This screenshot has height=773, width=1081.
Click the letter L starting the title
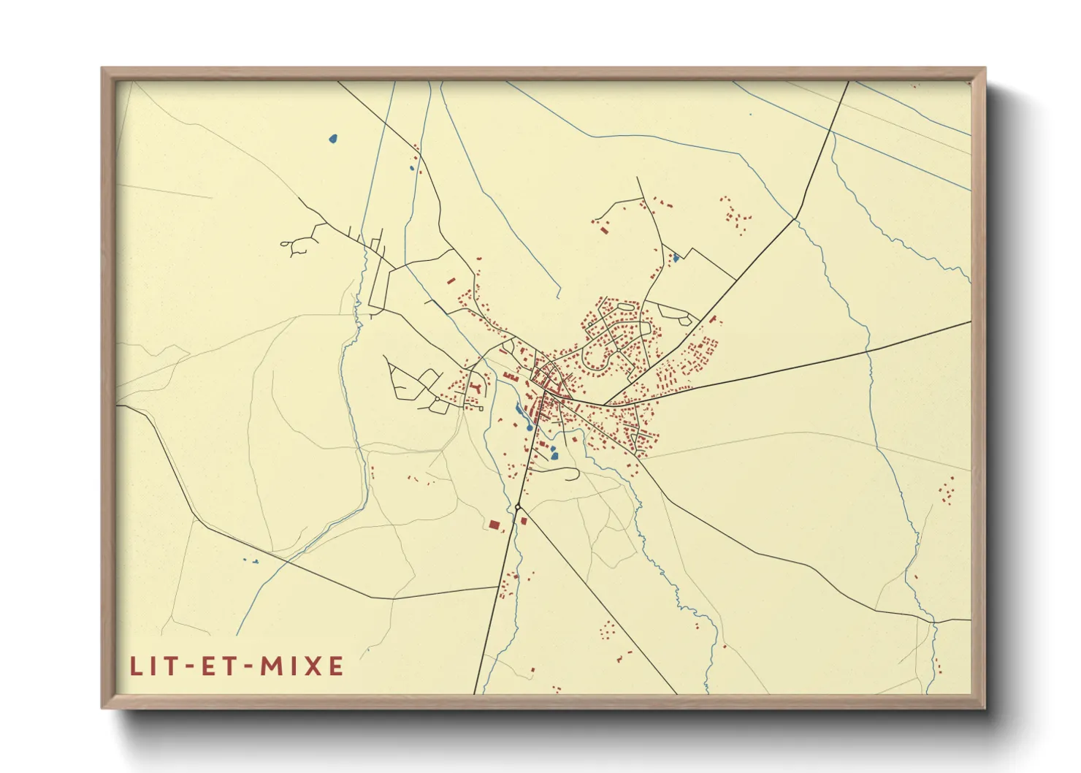click(136, 666)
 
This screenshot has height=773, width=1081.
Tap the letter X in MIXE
click(315, 666)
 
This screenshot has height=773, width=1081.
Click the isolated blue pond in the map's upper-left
click(333, 138)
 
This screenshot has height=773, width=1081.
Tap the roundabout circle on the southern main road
click(517, 506)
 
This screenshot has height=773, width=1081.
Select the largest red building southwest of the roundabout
click(494, 525)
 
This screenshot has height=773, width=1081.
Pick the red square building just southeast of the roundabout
click(524, 521)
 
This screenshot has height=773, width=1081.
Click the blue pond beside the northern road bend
click(676, 257)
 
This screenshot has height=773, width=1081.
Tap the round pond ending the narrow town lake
click(528, 427)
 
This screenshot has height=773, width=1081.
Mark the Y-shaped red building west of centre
click(475, 386)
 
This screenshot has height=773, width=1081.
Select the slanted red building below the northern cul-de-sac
click(604, 229)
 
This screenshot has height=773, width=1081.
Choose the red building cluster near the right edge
click(947, 491)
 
